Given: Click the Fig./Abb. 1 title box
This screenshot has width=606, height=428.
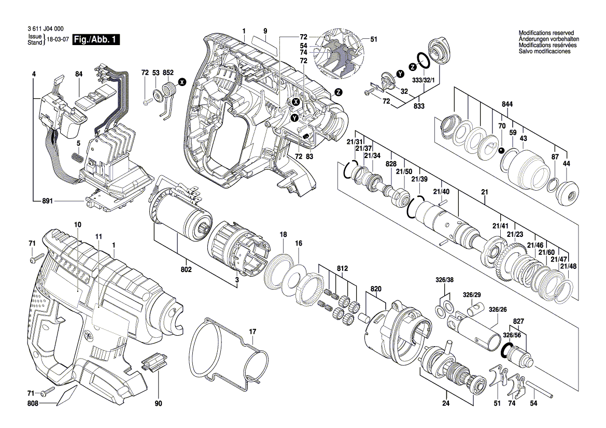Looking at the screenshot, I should [x=96, y=39].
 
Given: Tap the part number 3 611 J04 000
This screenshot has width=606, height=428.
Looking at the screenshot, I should [x=45, y=31].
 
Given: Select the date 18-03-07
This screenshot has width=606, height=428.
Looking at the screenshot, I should [x=58, y=40].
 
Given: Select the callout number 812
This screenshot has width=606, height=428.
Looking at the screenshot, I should [x=342, y=268].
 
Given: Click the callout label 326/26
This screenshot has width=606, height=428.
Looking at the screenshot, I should [x=498, y=309].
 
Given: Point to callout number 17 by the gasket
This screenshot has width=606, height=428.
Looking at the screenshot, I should [x=252, y=331].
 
